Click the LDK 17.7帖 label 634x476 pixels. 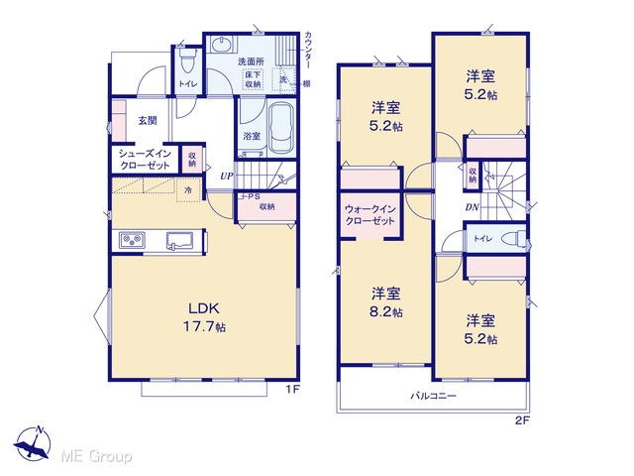(x=204, y=317)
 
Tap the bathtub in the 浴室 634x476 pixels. (x=281, y=128)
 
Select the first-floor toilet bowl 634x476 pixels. (x=187, y=61)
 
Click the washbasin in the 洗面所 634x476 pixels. (x=221, y=45)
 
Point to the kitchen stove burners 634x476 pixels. (x=132, y=240)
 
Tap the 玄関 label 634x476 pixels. (x=148, y=121)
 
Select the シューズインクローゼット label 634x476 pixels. (x=145, y=160)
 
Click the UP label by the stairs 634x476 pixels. (x=227, y=177)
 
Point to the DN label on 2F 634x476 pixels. (x=472, y=207)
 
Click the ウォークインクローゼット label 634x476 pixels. (x=370, y=215)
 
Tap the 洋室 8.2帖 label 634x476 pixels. (x=386, y=301)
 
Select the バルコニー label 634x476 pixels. (x=434, y=396)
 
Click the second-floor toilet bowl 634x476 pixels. (x=513, y=239)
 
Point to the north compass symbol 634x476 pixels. (x=33, y=444)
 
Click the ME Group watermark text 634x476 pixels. (x=96, y=456)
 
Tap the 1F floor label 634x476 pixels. (x=293, y=390)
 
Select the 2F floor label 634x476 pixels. (x=522, y=420)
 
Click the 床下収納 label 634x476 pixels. (x=253, y=79)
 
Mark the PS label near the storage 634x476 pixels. (x=254, y=196)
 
